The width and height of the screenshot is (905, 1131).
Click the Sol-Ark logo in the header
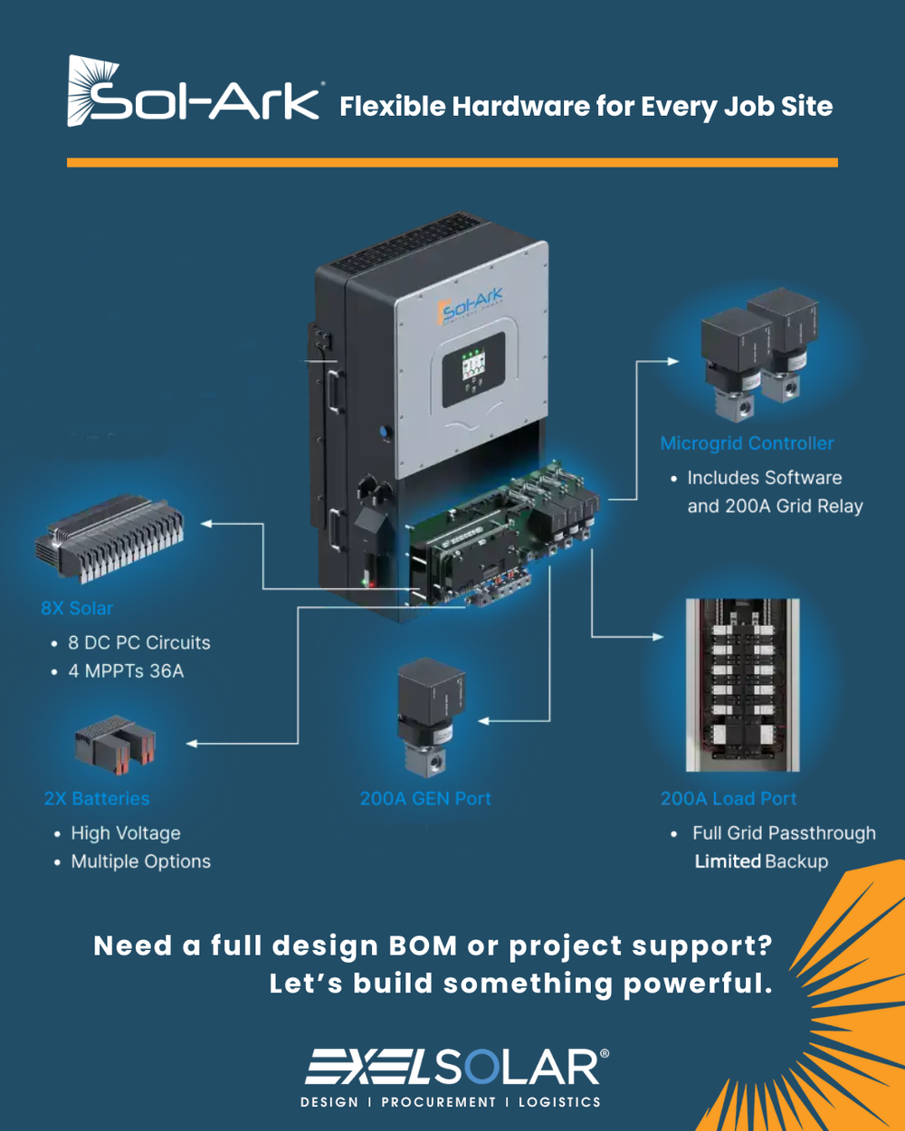tap(194, 92)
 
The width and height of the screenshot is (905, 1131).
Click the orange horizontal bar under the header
tap(452, 163)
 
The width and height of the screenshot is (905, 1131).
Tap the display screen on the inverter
tap(473, 367)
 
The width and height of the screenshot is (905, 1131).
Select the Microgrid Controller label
tap(747, 443)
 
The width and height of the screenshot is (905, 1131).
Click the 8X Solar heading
tap(77, 608)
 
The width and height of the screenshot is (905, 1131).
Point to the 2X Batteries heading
tap(97, 799)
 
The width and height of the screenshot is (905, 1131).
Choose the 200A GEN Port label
tap(425, 799)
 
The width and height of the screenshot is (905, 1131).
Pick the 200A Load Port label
tap(729, 799)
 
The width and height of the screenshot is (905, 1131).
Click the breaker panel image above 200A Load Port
tap(742, 685)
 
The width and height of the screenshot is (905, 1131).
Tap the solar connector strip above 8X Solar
tap(110, 544)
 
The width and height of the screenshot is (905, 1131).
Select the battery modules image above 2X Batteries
tap(115, 744)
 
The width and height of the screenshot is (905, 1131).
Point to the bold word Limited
tap(728, 861)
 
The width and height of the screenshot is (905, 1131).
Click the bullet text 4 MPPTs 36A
tap(126, 671)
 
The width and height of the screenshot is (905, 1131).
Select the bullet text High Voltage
tap(126, 833)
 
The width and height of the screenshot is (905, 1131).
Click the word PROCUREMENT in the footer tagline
tap(439, 1102)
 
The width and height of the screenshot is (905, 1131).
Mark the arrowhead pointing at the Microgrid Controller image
tap(673, 361)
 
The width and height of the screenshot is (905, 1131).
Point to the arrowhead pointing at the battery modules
tap(192, 744)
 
